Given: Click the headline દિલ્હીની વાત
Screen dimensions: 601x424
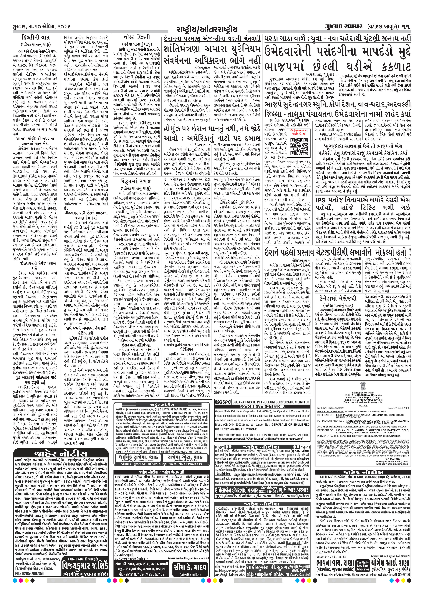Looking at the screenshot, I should [x=36, y=38].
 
